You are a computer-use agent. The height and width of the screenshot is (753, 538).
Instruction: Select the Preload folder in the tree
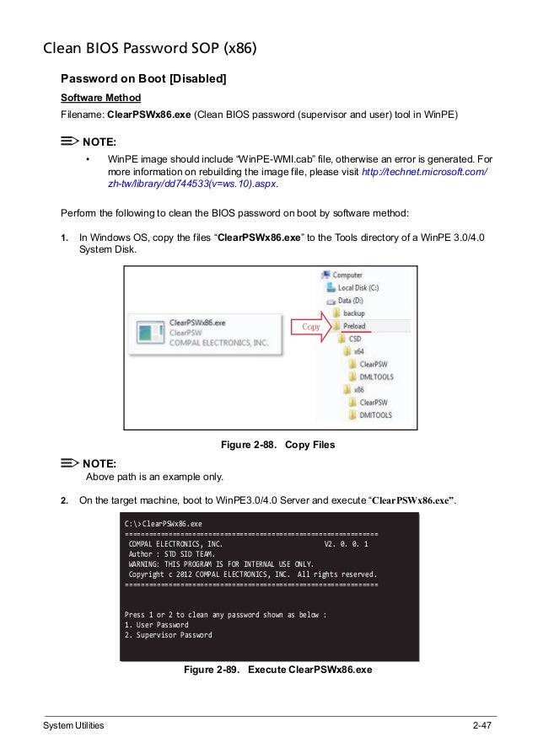353,326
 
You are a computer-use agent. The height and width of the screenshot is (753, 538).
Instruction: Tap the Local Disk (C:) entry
358,287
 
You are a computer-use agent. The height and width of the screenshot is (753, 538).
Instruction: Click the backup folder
353,313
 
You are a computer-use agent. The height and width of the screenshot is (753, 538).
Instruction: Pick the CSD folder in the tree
354,339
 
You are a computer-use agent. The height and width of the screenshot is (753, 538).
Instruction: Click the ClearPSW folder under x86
373,403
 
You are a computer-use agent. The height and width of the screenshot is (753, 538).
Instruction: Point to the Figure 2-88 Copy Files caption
277,444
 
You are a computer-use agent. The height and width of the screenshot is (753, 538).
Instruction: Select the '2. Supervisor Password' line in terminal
168,636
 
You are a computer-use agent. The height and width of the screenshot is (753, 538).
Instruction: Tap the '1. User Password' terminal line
156,625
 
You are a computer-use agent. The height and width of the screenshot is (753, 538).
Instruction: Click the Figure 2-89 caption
277,670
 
